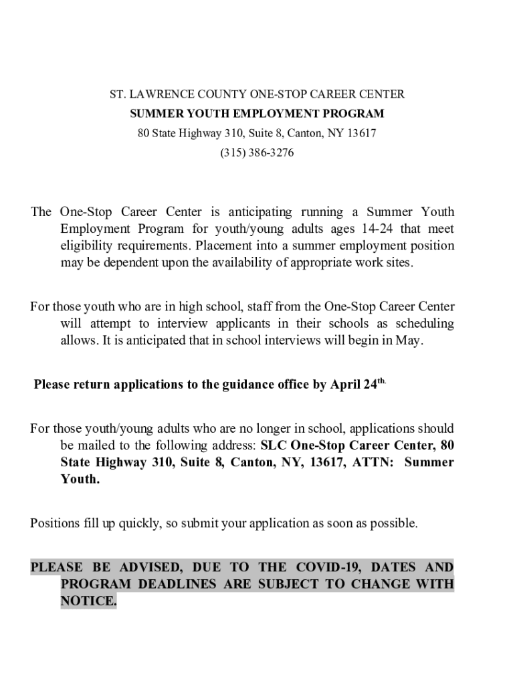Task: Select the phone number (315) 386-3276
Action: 257,153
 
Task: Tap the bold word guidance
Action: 248,385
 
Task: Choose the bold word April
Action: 346,385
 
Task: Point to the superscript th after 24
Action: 382,381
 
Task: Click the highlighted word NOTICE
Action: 88,601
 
